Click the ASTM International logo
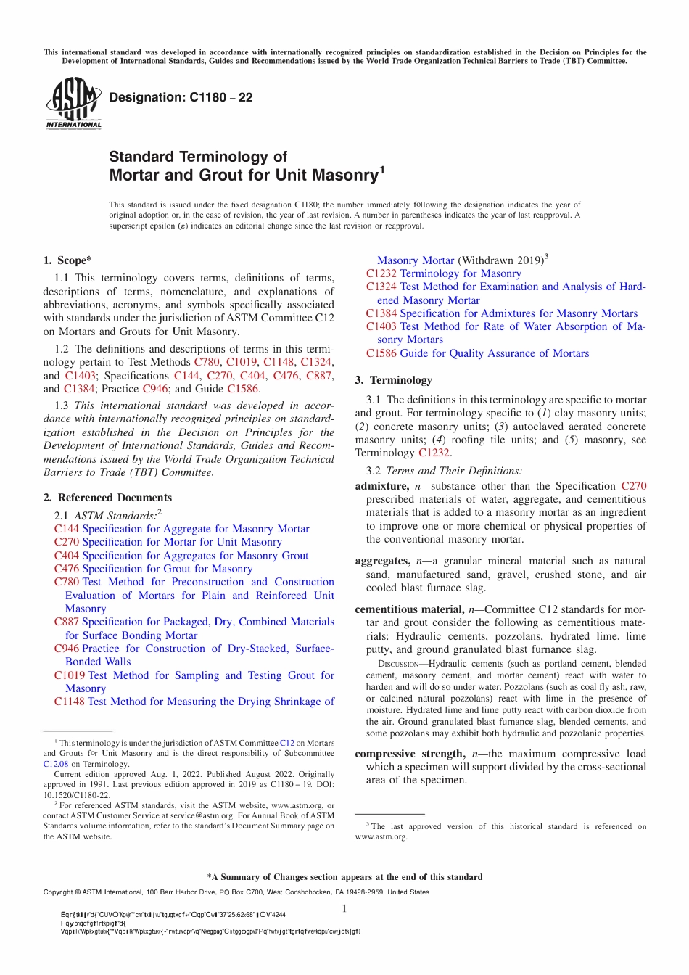[x=74, y=103]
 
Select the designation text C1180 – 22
[x=181, y=97]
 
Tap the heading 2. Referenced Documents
[x=107, y=498]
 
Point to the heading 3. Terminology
[x=393, y=380]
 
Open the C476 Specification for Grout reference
[x=153, y=569]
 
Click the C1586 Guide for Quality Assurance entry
[x=477, y=353]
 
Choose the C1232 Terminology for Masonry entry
[x=443, y=273]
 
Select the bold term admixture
[x=381, y=486]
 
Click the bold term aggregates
[x=382, y=561]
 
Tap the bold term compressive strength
[x=410, y=754]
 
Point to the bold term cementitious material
[x=409, y=609]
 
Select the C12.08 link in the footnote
[x=56, y=764]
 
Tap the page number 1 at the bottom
[x=344, y=909]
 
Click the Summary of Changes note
[x=344, y=877]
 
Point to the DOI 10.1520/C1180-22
[x=77, y=795]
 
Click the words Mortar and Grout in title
[x=168, y=176]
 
